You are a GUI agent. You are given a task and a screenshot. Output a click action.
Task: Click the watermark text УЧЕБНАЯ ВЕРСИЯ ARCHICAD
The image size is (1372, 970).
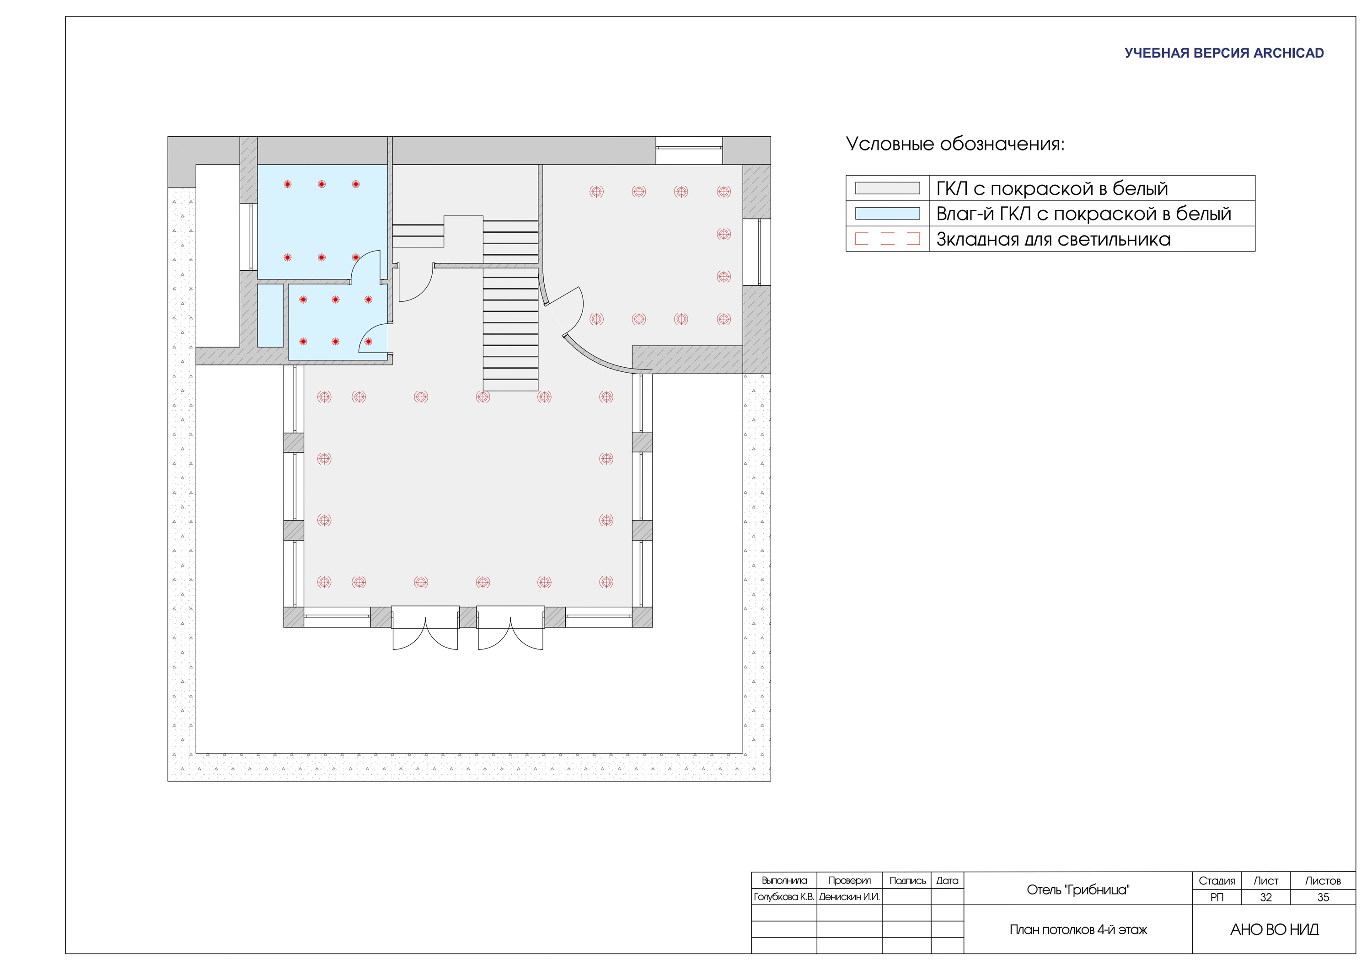1224,53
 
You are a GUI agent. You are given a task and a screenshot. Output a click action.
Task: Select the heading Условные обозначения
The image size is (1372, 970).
955,144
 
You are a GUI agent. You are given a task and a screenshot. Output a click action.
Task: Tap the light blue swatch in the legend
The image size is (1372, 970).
887,214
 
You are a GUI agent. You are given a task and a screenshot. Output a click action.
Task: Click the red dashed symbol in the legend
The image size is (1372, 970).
887,239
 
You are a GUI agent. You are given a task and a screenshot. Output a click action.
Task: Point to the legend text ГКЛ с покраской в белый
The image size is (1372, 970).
1052,189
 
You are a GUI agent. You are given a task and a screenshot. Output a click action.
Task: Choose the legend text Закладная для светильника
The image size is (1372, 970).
1053,239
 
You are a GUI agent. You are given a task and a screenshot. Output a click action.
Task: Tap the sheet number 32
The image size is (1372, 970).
1265,897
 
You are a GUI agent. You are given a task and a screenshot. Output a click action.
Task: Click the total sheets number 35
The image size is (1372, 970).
1323,897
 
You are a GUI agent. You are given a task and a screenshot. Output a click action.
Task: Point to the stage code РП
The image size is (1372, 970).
1217,897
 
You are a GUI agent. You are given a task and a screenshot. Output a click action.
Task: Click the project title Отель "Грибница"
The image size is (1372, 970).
1078,890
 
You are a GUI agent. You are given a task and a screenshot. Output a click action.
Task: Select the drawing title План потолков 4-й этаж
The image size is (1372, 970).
1078,929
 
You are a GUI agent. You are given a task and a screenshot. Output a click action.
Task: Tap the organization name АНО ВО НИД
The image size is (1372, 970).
1275,929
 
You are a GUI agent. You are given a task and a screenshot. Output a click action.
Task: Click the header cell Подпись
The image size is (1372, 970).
907,880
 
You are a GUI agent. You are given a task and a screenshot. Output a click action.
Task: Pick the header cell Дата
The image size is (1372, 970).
947,880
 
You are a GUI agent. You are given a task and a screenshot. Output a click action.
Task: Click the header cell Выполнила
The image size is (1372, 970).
784,880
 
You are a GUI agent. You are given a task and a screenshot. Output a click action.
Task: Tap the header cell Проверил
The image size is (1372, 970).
849,880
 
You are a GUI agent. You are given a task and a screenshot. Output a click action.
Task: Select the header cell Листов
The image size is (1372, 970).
1323,881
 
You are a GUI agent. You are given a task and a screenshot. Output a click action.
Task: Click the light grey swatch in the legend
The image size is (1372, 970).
887,188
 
